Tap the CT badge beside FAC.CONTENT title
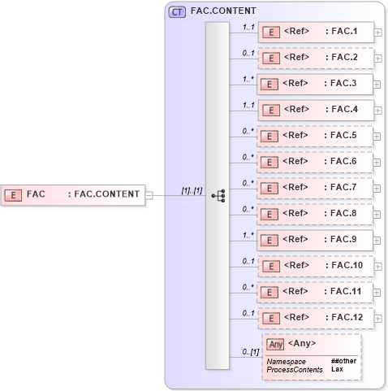[176, 11]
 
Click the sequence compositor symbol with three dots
[218, 195]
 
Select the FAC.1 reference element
[315, 32]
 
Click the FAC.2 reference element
[315, 58]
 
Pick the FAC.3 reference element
[315, 84]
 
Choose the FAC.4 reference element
[315, 110]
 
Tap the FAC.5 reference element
[315, 136]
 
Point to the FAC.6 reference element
[315, 162]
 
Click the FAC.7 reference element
[315, 188]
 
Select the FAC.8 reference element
[315, 214]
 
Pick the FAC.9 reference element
[315, 240]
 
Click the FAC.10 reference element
[315, 266]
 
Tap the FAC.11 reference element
[315, 291]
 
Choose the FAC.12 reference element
[315, 317]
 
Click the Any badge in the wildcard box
[276, 344]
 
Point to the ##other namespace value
[343, 360]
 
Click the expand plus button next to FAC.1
[377, 33]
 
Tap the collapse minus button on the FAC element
[149, 194]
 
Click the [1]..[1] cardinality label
[192, 190]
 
